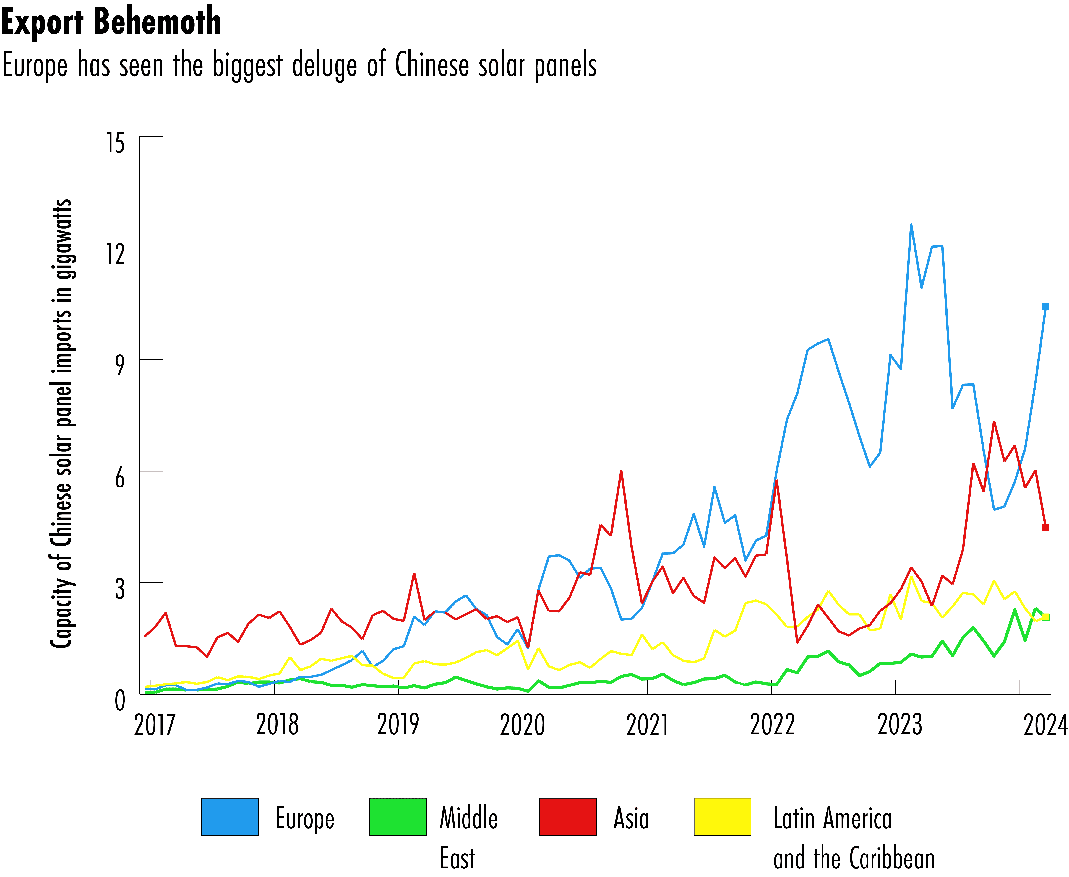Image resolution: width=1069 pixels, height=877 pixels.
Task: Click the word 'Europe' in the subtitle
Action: (x=34, y=66)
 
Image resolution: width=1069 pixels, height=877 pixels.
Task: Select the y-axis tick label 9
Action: (x=119, y=365)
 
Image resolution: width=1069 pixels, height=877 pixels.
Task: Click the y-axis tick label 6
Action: (x=119, y=477)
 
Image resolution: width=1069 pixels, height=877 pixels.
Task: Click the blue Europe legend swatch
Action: (x=229, y=817)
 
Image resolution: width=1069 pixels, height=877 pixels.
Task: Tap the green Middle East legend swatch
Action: (x=398, y=817)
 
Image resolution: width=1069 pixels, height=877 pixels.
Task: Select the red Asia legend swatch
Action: (x=568, y=817)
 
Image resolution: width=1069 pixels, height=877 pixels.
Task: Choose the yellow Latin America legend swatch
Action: (x=722, y=817)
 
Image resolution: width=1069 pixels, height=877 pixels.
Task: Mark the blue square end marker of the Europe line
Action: (x=1046, y=306)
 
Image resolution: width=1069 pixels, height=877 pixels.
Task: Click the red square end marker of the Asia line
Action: (x=1046, y=527)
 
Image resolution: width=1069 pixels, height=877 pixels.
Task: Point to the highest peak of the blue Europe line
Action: (x=911, y=225)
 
